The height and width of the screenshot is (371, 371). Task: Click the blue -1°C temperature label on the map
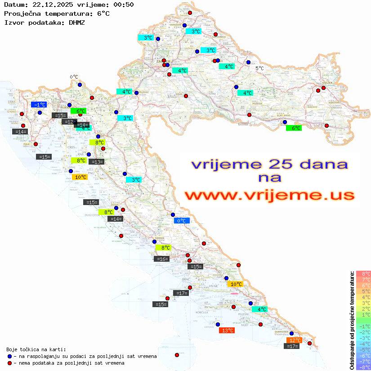39,104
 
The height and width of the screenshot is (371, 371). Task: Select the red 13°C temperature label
226,331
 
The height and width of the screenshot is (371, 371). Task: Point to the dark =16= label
161,259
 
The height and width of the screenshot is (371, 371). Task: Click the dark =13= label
97,161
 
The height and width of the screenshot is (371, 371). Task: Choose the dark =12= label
68,122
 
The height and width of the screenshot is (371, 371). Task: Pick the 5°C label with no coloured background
259,68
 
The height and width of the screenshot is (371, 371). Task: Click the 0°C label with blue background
182,220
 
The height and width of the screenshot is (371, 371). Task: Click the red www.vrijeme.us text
269,196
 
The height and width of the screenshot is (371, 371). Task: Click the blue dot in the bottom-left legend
9,356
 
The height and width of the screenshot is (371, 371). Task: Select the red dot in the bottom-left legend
9,363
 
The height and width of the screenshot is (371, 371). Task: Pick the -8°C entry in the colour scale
363,367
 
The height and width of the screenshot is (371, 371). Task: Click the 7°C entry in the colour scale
363,280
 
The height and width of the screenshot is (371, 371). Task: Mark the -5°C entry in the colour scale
363,349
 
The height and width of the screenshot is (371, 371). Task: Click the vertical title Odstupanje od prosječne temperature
351,320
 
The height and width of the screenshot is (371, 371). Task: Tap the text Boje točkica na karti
36,349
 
